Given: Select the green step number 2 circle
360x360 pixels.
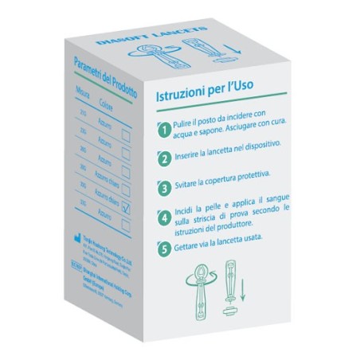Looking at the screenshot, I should pos(162,158).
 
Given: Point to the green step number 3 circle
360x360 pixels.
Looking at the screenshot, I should pos(163,187).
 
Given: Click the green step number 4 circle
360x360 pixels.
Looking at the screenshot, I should pos(163,217).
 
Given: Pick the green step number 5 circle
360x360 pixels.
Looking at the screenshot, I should pos(164,248).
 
